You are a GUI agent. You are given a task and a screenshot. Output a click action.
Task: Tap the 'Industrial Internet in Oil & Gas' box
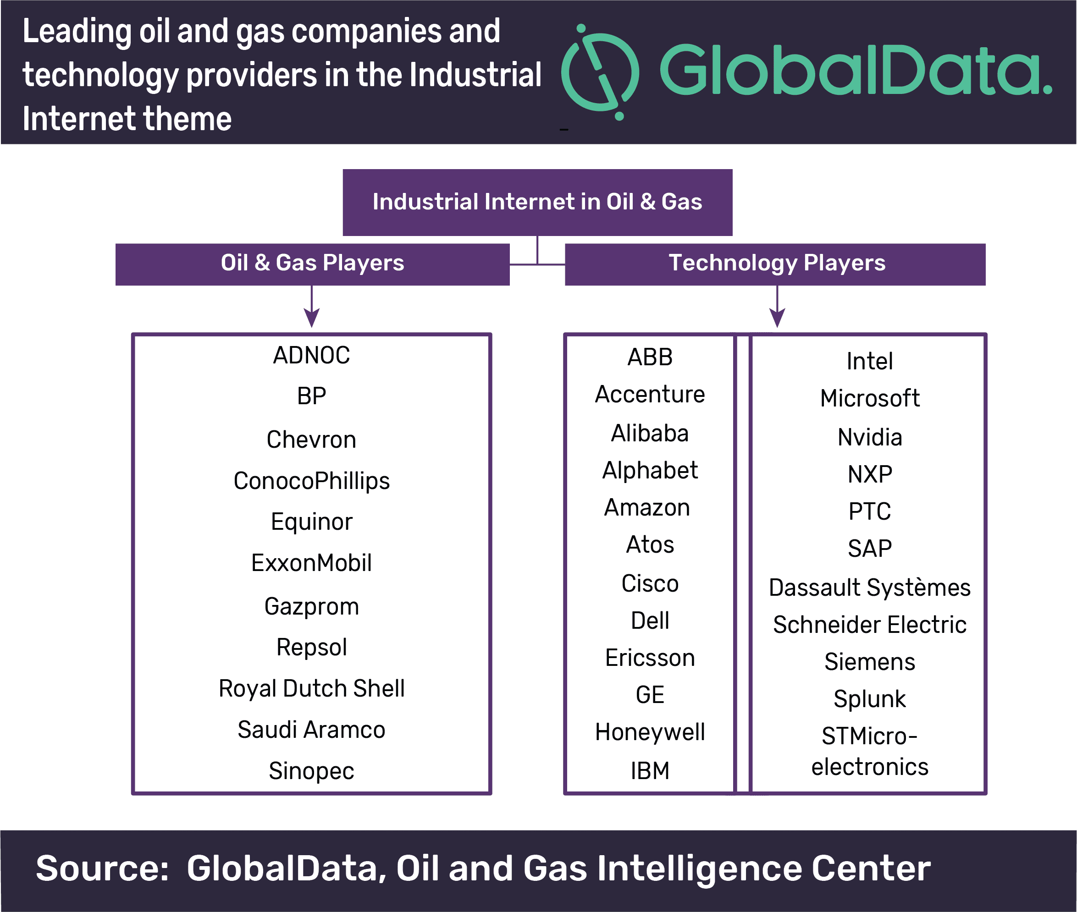click(537, 202)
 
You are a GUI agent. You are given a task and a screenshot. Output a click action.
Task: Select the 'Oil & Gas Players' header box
click(312, 264)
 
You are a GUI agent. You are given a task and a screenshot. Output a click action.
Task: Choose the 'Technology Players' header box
click(775, 264)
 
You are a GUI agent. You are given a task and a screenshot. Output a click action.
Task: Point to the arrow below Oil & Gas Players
click(311, 306)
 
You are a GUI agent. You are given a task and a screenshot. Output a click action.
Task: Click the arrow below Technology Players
click(777, 306)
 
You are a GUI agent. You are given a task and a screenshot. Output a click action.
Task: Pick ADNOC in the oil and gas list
click(311, 355)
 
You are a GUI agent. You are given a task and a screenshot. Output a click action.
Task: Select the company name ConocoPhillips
click(311, 481)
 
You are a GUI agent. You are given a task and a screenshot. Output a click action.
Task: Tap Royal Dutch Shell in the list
click(311, 689)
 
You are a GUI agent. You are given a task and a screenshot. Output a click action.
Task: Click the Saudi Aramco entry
click(311, 730)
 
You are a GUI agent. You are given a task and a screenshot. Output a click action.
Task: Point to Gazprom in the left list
click(311, 606)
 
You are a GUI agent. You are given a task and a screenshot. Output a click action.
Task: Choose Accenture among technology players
click(650, 395)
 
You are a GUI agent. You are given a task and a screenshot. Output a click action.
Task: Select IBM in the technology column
click(650, 771)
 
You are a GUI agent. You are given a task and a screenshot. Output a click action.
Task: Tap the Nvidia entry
click(870, 437)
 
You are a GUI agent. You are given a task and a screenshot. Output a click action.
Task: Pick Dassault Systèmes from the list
click(870, 588)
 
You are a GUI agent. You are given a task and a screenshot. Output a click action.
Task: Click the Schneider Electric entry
click(870, 625)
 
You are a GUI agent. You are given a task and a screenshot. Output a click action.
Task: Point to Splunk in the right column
click(870, 699)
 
